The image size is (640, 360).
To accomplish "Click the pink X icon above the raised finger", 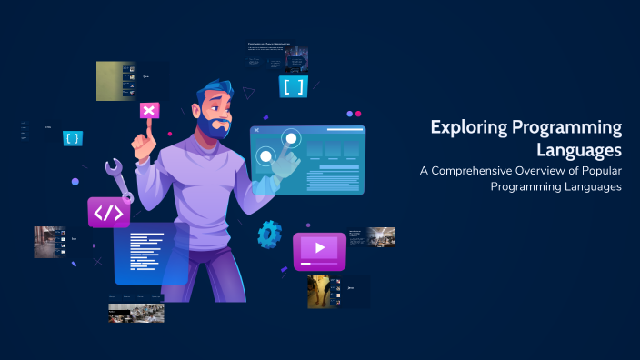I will click(149, 110).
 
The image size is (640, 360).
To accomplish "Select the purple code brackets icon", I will click(108, 212).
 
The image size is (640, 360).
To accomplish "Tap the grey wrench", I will click(117, 178).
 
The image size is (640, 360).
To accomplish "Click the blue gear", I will click(269, 234).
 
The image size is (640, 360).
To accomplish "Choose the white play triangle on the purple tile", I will click(319, 247).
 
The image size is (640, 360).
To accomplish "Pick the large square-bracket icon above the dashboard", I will click(294, 87).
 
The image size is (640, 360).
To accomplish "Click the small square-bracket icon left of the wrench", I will click(73, 138).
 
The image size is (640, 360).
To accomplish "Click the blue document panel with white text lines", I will click(150, 253).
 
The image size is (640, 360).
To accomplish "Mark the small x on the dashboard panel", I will click(258, 131).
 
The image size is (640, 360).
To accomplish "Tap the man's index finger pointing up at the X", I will click(144, 136).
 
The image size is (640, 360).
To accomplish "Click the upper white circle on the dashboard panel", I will click(291, 138).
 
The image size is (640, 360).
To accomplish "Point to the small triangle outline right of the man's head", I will click(248, 92).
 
